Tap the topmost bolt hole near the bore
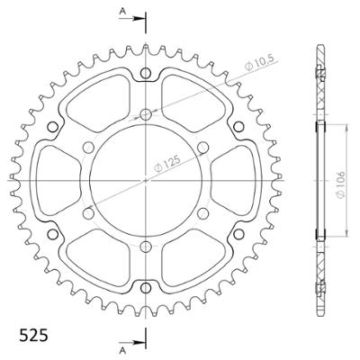coord(146,114)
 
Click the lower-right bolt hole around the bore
coord(202,211)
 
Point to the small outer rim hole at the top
coord(146,73)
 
